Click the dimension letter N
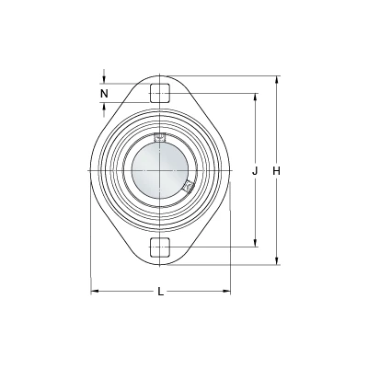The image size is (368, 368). coord(105,93)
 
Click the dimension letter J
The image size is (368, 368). coord(255,171)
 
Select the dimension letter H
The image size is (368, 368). coord(277,171)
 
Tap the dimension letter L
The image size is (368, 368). coord(161,292)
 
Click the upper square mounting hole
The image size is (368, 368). coord(160,93)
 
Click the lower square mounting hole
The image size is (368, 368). coord(160,247)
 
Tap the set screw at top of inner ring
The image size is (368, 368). coord(159,137)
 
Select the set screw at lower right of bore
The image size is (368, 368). coord(189,186)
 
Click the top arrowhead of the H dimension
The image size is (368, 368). coord(277,79)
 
